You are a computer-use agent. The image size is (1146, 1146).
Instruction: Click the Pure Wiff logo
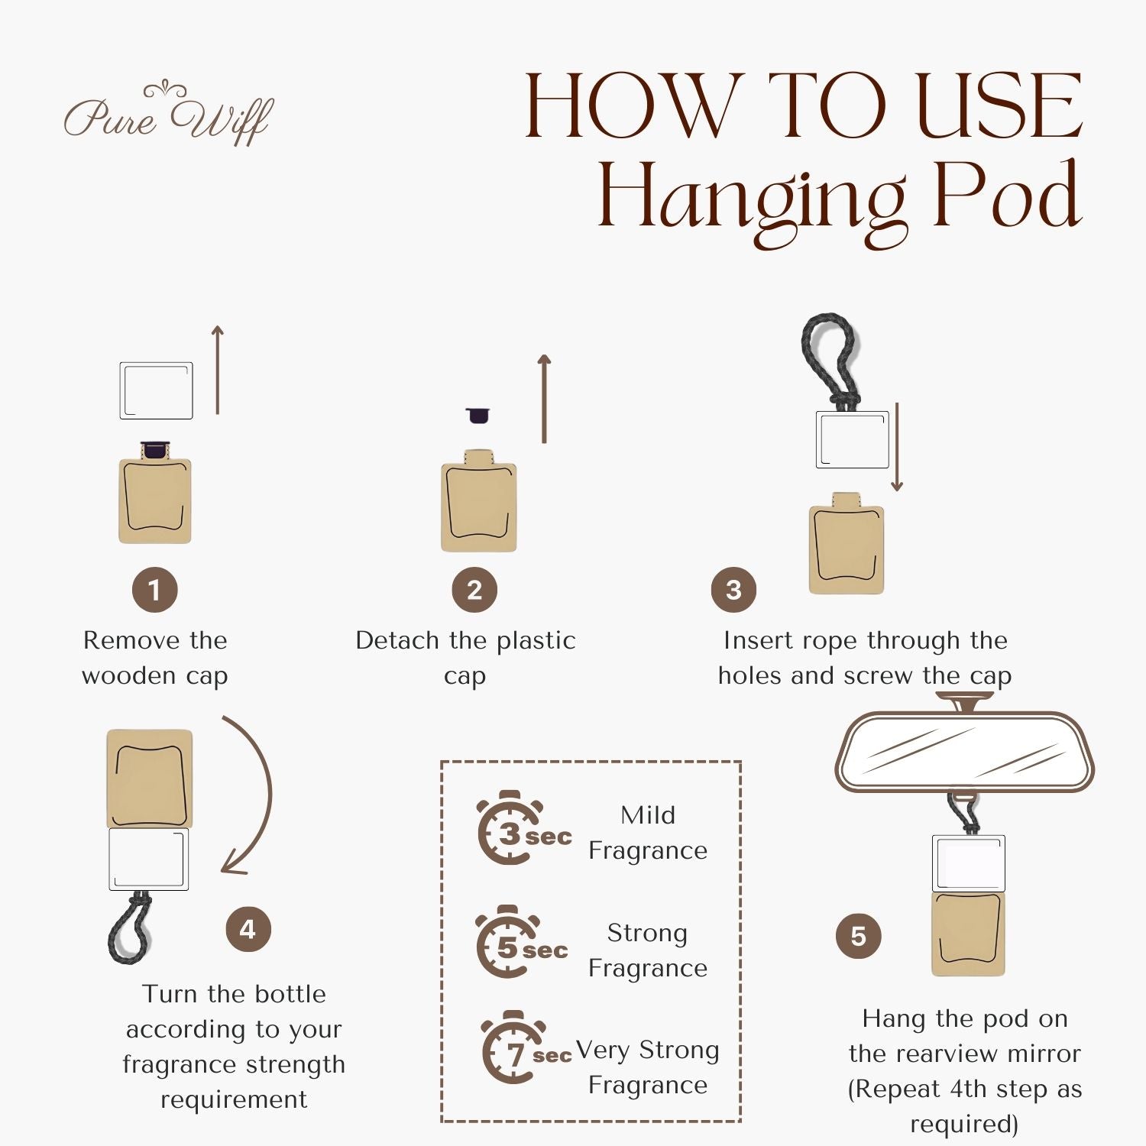[169, 115]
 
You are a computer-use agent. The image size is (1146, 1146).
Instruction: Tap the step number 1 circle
[154, 590]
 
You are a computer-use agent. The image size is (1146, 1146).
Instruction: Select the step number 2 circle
[474, 590]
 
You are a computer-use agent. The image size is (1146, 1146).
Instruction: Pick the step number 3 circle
[733, 590]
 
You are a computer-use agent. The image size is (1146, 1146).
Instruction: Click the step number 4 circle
[248, 929]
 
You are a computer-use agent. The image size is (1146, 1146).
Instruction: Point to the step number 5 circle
[859, 936]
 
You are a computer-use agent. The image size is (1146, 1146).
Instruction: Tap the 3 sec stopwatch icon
[524, 828]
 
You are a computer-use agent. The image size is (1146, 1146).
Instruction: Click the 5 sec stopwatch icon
[523, 942]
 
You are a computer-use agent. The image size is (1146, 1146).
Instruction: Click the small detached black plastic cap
[477, 415]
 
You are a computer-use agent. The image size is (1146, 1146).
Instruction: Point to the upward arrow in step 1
[218, 370]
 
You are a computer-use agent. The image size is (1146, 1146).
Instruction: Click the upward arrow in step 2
[544, 399]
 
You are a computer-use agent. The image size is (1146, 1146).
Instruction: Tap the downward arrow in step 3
[898, 447]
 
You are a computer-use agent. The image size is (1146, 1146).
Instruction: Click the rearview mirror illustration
[965, 749]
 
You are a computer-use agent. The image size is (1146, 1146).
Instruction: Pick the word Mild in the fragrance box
[648, 815]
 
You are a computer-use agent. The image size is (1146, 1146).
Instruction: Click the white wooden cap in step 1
[157, 390]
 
